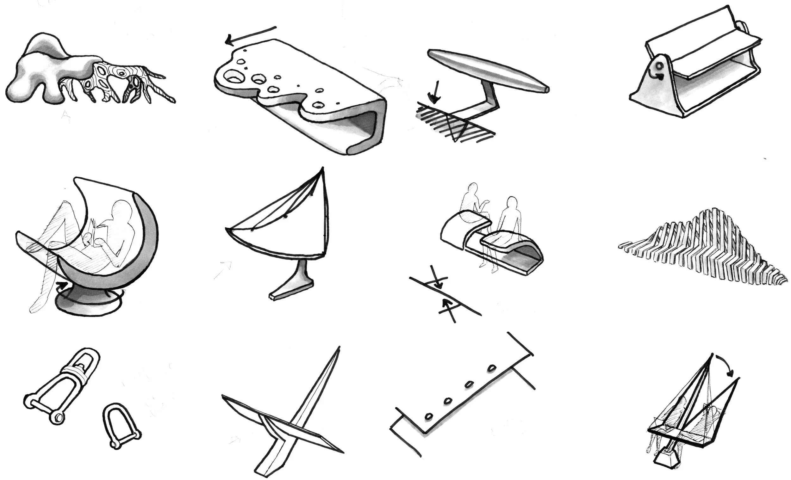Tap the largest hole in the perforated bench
click(x=234, y=77)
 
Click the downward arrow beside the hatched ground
click(x=434, y=92)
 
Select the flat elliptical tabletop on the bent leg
click(x=488, y=70)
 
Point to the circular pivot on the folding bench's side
click(x=658, y=66)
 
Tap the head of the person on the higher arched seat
click(x=473, y=189)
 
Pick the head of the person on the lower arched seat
click(x=512, y=203)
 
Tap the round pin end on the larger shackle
click(x=58, y=417)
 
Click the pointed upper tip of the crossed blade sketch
click(x=338, y=348)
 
